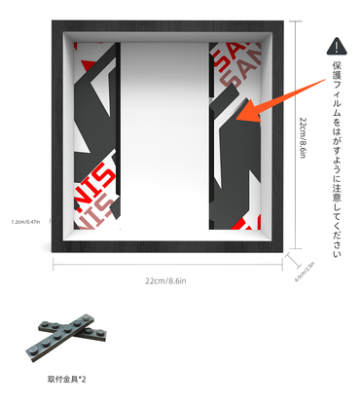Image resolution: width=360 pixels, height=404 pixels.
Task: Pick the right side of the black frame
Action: click(x=283, y=136)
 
